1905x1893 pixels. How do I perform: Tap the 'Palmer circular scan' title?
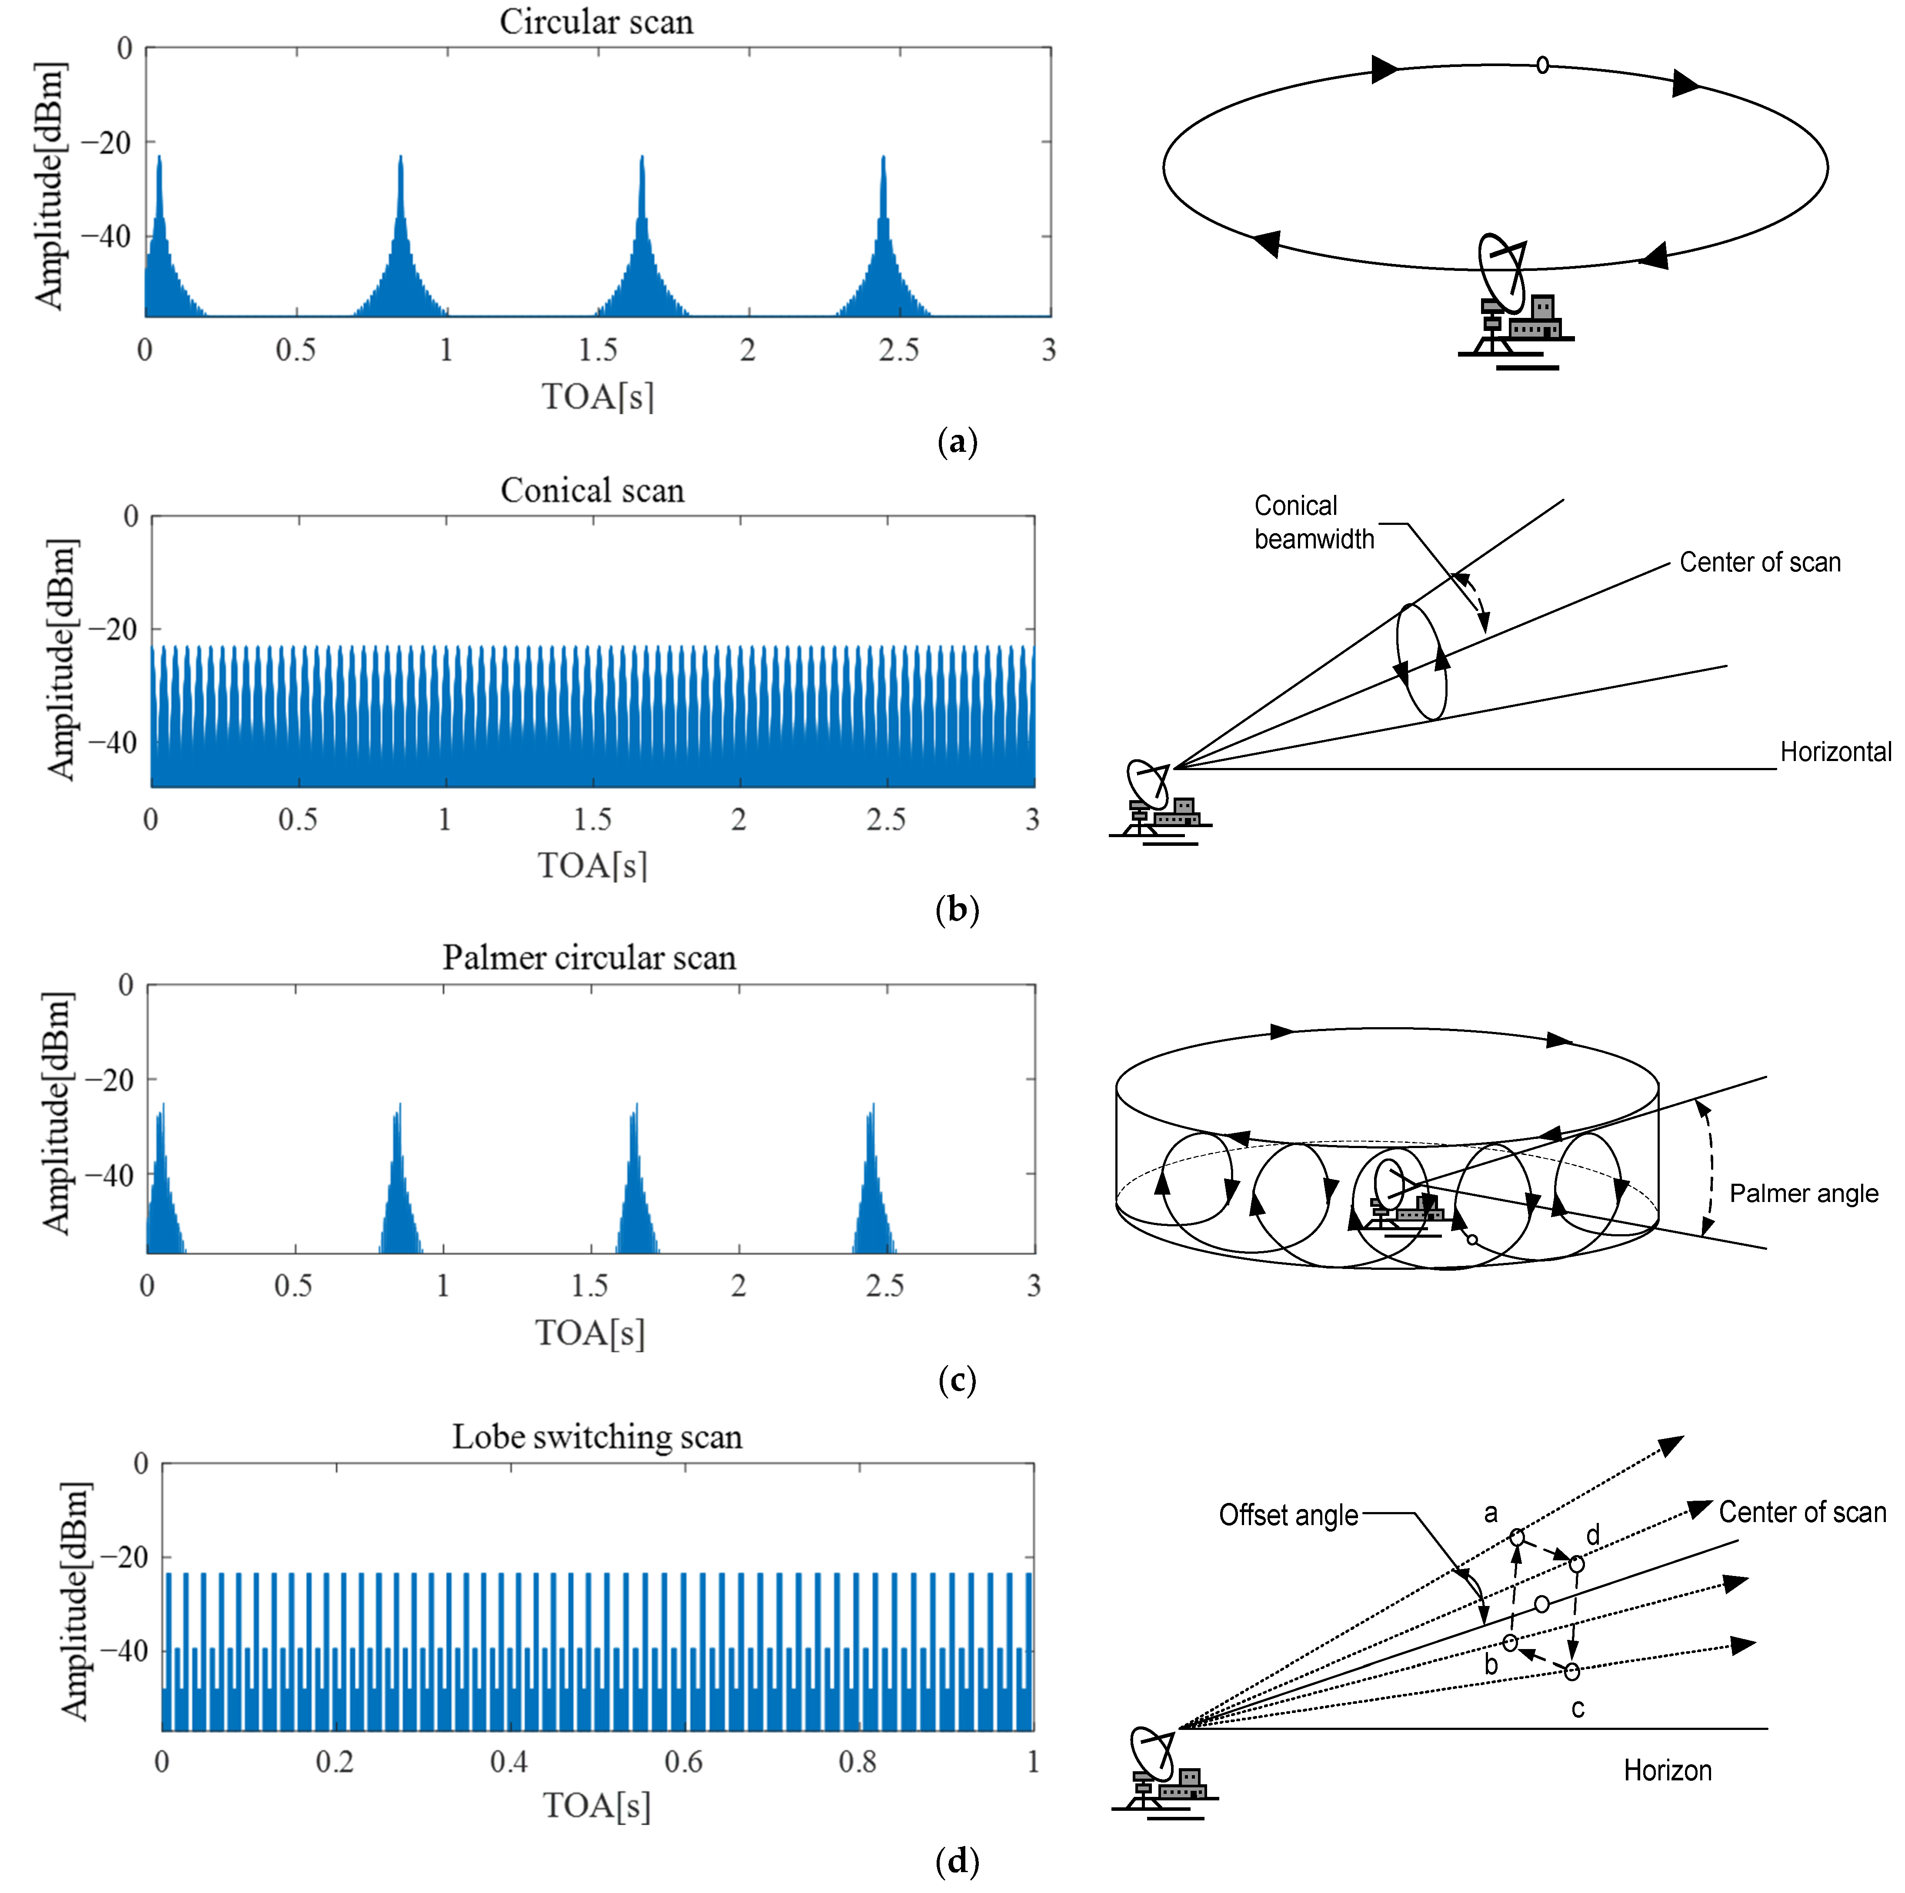click(589, 957)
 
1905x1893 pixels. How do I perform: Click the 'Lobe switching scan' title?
click(597, 1436)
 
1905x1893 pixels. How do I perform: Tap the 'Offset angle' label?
click(1288, 1514)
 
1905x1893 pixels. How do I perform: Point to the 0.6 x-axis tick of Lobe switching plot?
click(683, 1762)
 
